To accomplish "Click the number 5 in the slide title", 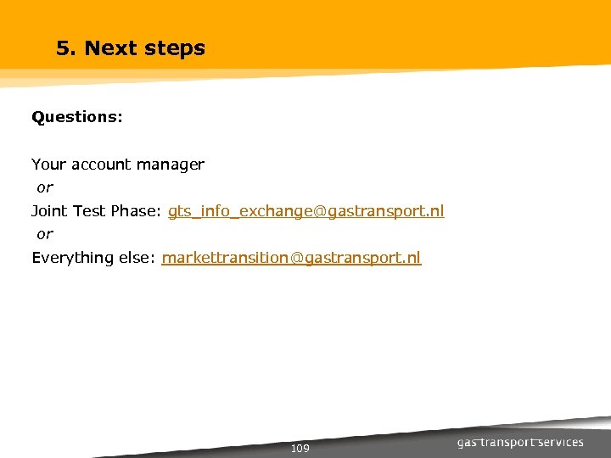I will pyautogui.click(x=62, y=48).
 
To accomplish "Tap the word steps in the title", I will pyautogui.click(x=174, y=49).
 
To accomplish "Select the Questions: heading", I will pyautogui.click(x=77, y=117).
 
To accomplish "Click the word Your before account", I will pyautogui.click(x=48, y=165).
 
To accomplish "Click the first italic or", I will pyautogui.click(x=44, y=187).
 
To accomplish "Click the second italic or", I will pyautogui.click(x=44, y=234).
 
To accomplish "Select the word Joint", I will pyautogui.click(x=50, y=211).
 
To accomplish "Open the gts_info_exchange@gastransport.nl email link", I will pyautogui.click(x=305, y=211).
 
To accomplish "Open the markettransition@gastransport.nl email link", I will pyautogui.click(x=291, y=258).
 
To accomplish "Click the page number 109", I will pyautogui.click(x=300, y=449).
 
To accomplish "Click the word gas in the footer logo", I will pyautogui.click(x=468, y=443).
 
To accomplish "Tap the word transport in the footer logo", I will pyautogui.click(x=509, y=443).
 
